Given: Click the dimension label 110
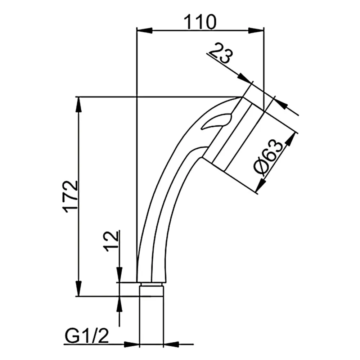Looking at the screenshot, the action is coord(200,22).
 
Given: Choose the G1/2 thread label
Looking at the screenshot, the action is coord(86,336).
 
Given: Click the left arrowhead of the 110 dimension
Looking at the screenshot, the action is coord(145,31).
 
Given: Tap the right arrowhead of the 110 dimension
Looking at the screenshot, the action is coord(256,31).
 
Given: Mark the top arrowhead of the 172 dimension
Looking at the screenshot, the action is coord(78,105).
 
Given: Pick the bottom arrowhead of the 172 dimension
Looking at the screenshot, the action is coord(78,288).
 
